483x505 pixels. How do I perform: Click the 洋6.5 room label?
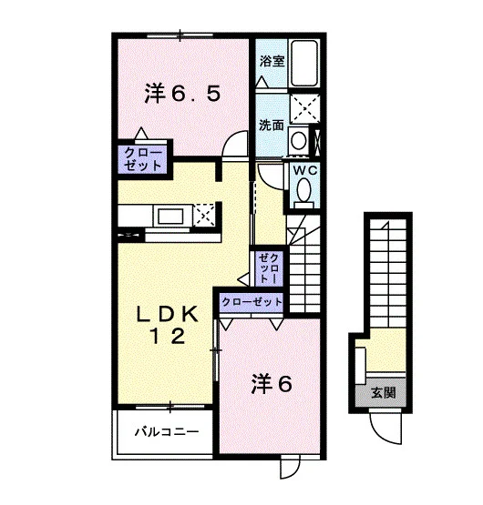[x=182, y=93]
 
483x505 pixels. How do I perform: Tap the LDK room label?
[x=167, y=314]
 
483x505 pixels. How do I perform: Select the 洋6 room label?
[x=272, y=384]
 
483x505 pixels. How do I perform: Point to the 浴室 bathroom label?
[x=272, y=61]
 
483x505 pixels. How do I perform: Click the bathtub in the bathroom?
[x=304, y=63]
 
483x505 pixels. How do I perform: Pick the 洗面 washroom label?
[x=272, y=125]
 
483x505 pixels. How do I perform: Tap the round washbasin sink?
[x=298, y=140]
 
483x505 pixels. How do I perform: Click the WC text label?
[x=305, y=171]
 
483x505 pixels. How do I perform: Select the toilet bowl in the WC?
[x=303, y=191]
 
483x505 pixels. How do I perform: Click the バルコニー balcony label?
[x=167, y=431]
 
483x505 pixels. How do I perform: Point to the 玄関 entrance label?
[x=384, y=392]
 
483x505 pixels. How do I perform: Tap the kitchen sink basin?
[x=170, y=217]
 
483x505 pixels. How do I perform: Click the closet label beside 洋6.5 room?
[x=142, y=159]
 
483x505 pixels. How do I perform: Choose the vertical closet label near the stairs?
[x=269, y=268]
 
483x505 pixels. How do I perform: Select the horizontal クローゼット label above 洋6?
[x=252, y=302]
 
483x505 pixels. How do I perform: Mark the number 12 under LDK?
[x=167, y=337]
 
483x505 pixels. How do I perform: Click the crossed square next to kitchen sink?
[x=204, y=215]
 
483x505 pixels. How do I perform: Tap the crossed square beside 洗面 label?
[x=304, y=108]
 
